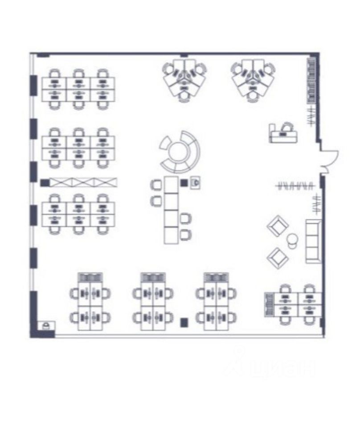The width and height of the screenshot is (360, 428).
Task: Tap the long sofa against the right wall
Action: click(x=313, y=241)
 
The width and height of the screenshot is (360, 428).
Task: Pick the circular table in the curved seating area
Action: click(x=178, y=152)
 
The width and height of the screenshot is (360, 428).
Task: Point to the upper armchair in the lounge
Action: click(x=278, y=226)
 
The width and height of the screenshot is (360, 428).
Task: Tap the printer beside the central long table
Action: click(x=195, y=182)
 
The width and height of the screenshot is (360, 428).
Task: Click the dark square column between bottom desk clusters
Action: click(x=183, y=321)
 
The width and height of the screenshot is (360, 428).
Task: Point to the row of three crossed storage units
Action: click(x=83, y=182)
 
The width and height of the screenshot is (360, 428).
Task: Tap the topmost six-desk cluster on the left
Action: click(x=78, y=88)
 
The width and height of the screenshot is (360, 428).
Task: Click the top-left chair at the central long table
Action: click(x=156, y=185)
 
